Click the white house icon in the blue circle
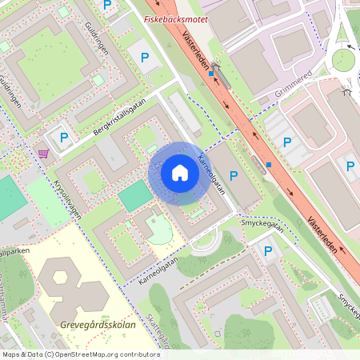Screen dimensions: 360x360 [x=179, y=173]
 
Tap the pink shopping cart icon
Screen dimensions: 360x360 [x=43, y=153]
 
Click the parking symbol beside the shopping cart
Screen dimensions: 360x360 [x=62, y=138]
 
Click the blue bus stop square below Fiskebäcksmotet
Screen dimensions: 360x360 [x=211, y=74]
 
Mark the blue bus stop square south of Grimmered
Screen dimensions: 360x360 [x=269, y=166]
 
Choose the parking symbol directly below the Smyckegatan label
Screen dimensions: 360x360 [x=268, y=251]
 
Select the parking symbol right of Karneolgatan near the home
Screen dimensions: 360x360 [x=234, y=175]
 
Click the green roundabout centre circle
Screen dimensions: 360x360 [x=343, y=59]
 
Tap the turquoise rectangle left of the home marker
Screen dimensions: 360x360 [x=134, y=196]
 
